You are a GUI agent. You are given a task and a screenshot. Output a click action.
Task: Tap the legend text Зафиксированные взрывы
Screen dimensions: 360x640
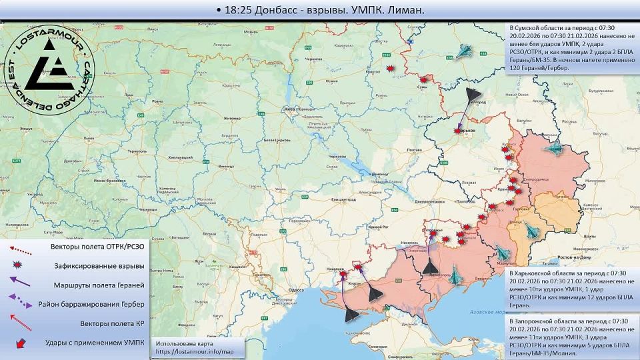[x=99, y=265]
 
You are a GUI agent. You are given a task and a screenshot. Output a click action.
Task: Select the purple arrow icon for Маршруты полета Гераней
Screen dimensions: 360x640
[x=20, y=282]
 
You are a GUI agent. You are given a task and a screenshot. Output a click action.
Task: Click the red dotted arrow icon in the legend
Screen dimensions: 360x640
[x=20, y=249]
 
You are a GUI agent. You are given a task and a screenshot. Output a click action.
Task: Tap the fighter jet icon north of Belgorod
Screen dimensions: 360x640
[x=465, y=52]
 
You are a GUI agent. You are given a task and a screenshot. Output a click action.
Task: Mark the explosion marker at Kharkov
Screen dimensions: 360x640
[x=457, y=131]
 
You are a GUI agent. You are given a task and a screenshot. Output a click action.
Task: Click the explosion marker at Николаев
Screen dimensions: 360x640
[x=343, y=274]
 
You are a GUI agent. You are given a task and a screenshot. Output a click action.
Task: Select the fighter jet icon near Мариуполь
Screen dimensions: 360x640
[x=501, y=252]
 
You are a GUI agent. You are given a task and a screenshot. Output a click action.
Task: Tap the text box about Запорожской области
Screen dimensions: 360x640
[x=570, y=336]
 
